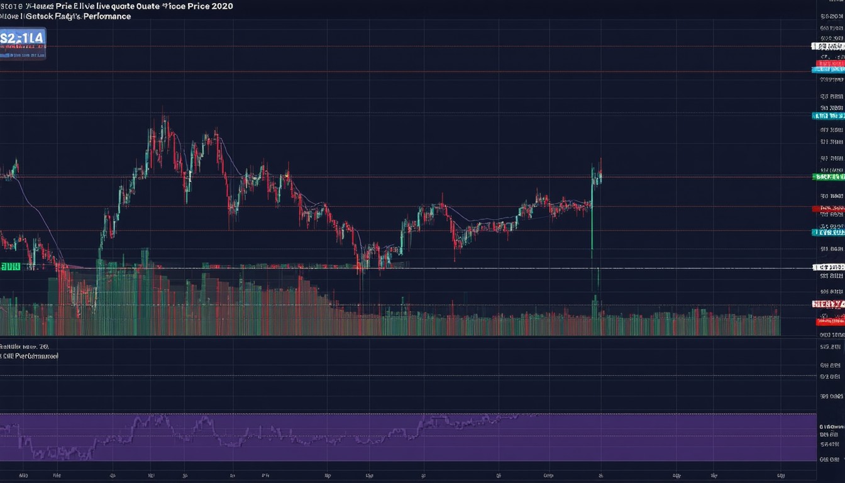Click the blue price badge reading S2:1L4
[x=23, y=39]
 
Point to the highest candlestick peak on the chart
[x=164, y=118]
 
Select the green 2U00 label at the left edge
[x=10, y=267]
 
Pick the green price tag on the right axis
[x=828, y=177]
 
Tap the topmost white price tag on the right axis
[x=828, y=46]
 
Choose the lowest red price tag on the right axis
[x=829, y=321]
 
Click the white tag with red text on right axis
[x=828, y=304]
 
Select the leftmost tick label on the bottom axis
[x=23, y=475]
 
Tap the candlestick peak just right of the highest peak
[x=216, y=133]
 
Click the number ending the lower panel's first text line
[x=43, y=347]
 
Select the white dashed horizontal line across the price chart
[x=440, y=269]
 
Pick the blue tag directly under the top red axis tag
[x=828, y=70]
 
